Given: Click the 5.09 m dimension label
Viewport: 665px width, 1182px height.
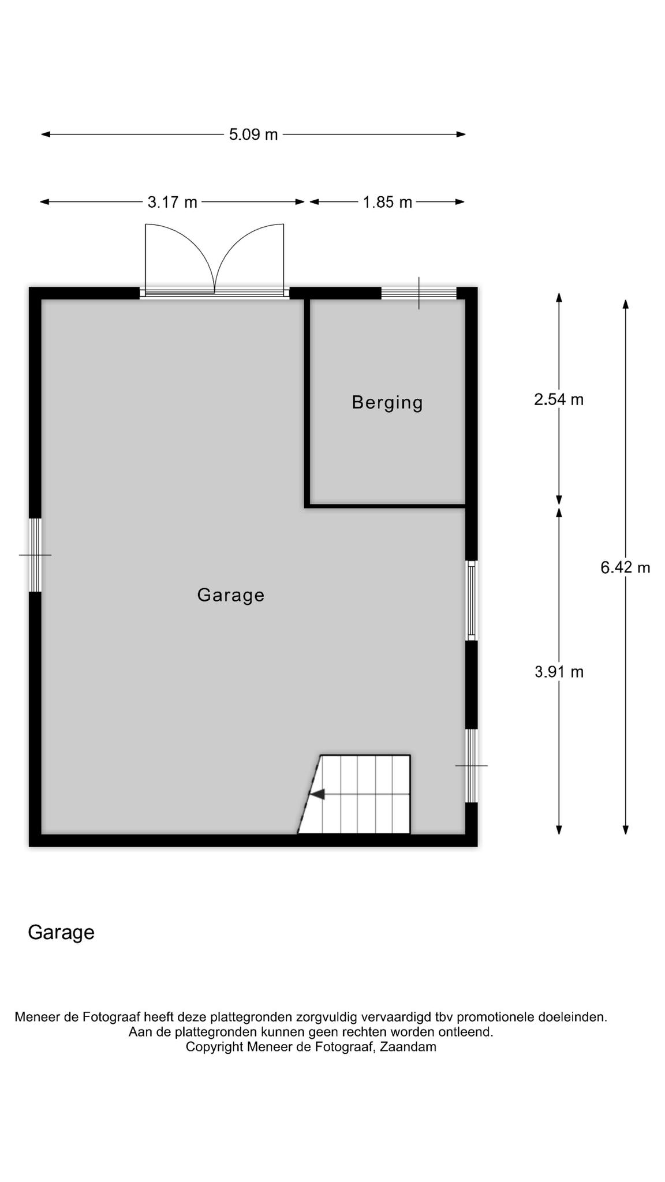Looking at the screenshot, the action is (253, 134).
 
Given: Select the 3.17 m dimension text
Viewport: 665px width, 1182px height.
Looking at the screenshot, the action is (172, 202).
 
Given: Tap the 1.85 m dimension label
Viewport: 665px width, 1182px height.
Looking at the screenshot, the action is (387, 202).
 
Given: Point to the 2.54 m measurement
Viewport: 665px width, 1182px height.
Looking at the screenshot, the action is (559, 399).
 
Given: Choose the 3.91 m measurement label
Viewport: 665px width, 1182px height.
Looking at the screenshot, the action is (559, 672).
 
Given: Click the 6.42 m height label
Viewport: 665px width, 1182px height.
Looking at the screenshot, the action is (625, 568).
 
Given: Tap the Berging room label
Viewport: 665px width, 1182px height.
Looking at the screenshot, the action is (387, 403).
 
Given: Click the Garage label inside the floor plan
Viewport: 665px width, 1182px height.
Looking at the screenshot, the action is (231, 595).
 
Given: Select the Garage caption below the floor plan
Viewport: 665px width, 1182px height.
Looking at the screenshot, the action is (61, 933).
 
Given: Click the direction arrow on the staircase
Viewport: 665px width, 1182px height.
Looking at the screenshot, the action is (317, 794).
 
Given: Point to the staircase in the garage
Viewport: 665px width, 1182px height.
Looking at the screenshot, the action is (354, 794).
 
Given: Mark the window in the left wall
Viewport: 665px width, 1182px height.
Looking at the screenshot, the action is (35, 555).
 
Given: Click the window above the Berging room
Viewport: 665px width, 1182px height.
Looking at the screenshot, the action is (419, 293).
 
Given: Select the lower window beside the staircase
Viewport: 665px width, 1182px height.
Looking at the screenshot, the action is (472, 765).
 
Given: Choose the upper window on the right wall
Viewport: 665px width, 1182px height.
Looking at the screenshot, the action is (472, 600).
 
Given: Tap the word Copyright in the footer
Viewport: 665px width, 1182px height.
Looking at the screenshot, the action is (214, 1047).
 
